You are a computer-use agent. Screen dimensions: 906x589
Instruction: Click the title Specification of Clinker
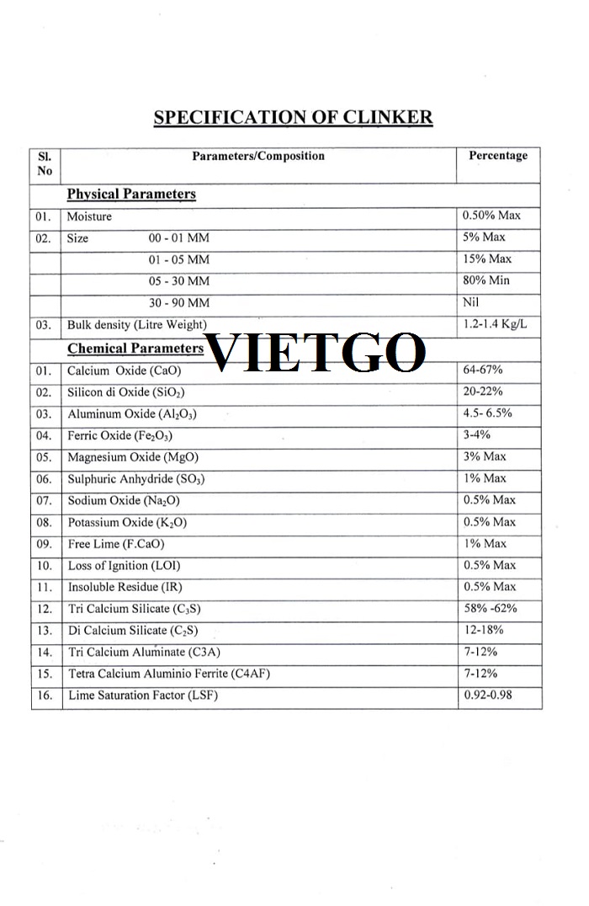[x=293, y=117]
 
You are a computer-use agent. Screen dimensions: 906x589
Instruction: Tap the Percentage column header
[x=498, y=156]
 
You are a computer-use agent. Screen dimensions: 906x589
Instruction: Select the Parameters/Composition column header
[x=258, y=156]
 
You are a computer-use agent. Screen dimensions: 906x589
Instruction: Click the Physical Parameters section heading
[x=131, y=195]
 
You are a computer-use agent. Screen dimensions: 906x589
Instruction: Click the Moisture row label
[x=89, y=216]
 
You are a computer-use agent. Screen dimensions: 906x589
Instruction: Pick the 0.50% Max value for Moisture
[x=492, y=216]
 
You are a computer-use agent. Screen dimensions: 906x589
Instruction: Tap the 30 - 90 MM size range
[x=179, y=303]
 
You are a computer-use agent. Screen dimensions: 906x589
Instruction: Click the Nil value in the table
[x=471, y=302]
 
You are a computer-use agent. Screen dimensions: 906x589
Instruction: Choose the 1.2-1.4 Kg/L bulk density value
[x=496, y=324]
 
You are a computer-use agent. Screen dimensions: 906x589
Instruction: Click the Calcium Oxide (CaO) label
[x=125, y=370]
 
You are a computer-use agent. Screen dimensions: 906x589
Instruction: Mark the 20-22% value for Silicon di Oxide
[x=484, y=392]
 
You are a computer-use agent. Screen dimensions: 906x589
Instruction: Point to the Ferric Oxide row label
[x=120, y=435]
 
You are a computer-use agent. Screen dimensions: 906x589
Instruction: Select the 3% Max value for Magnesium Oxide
[x=485, y=456]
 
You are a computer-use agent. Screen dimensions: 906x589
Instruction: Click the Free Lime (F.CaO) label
[x=116, y=544]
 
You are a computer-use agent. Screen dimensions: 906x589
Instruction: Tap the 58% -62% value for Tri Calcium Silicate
[x=491, y=609]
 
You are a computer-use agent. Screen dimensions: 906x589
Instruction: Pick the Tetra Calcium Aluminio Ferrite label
[x=169, y=674]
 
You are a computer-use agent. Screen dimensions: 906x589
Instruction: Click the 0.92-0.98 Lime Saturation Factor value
[x=488, y=695]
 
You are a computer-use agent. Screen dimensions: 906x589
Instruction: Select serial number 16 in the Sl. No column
[x=45, y=695]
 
